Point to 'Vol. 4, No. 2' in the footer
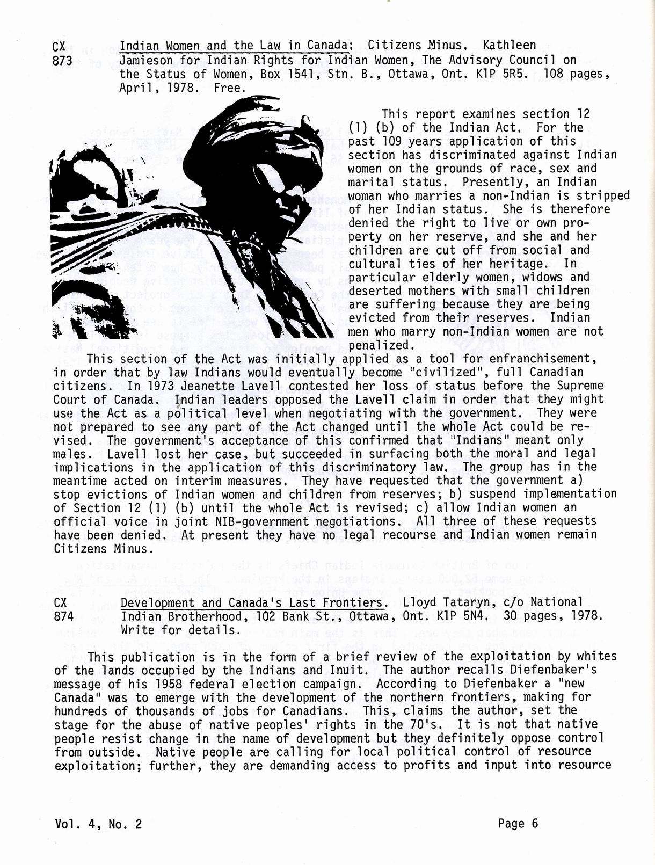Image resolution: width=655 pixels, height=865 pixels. click(x=98, y=824)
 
